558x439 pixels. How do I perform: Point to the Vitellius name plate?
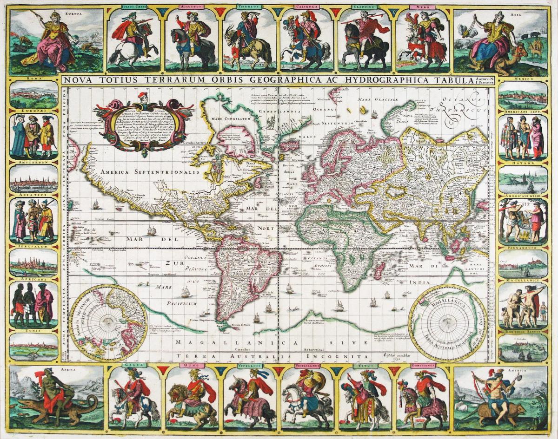tap(249, 366)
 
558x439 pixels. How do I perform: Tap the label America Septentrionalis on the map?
tap(139, 171)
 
